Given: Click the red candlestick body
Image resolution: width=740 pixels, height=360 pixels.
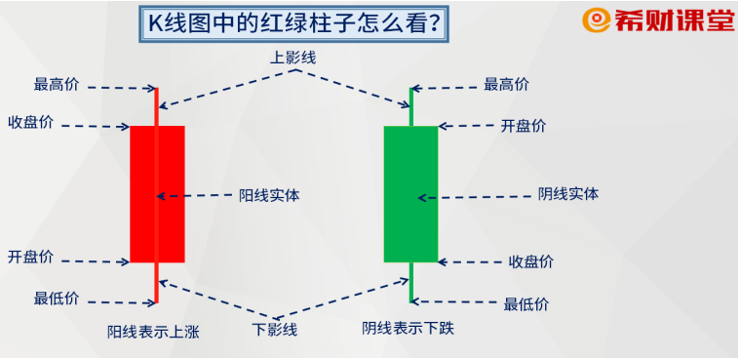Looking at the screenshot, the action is (157, 193).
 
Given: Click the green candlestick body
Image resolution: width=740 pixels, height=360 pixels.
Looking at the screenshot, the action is (410, 193).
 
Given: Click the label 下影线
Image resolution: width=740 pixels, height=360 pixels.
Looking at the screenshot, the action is (275, 330).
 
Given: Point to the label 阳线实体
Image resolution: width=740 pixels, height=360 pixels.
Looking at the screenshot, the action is (269, 195).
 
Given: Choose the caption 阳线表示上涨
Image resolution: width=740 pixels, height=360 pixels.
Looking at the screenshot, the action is (153, 332).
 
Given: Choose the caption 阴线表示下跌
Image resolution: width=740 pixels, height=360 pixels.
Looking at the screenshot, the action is (408, 329).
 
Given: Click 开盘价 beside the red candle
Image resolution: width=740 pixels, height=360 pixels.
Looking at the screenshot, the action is (30, 258).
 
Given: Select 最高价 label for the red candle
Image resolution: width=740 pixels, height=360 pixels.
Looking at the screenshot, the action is (57, 85).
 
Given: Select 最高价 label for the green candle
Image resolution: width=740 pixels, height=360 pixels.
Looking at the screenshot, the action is (506, 85).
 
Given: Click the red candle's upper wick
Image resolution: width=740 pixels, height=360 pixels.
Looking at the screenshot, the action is (156, 106).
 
